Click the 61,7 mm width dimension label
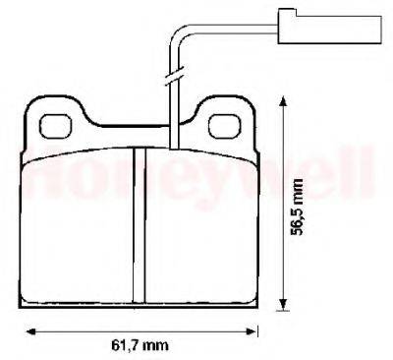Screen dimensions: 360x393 click(140, 344)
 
